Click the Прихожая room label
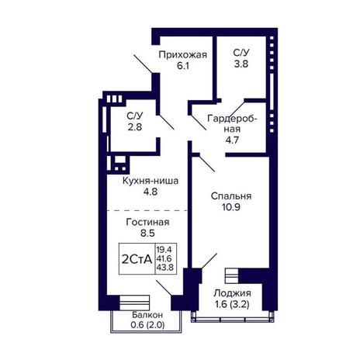click(183, 55)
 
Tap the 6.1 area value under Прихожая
click(183, 66)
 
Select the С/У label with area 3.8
click(241, 53)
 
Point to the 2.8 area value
click(135, 127)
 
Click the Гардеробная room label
click(232, 123)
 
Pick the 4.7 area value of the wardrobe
click(232, 140)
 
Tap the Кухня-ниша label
click(151, 181)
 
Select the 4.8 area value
click(151, 192)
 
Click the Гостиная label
click(147, 222)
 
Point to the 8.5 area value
click(147, 234)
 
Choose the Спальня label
click(231, 196)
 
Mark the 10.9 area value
click(231, 207)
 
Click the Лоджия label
click(232, 293)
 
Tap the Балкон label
click(147, 315)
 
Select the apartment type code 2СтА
click(137, 259)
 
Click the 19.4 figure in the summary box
click(164, 250)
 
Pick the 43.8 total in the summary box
click(164, 267)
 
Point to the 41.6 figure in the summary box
click(164, 258)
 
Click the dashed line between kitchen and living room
click(147, 210)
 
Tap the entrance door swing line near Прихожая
click(143, 64)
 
